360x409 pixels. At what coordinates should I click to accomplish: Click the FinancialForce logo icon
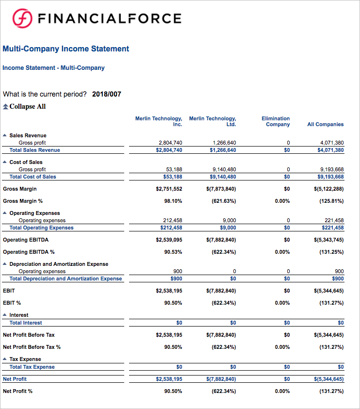22,19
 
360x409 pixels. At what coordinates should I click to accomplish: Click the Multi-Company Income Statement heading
66,49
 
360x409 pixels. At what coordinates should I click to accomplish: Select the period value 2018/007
106,94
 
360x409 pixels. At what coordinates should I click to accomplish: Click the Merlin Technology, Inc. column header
159,121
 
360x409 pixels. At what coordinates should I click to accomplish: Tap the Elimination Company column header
276,121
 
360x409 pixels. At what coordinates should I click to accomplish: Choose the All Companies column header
325,124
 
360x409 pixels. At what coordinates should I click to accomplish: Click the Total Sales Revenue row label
35,150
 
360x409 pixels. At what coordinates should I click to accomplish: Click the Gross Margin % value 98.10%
173,201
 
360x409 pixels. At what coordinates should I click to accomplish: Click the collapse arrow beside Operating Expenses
5,213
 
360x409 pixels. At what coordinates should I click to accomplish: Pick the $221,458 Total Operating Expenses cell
332,228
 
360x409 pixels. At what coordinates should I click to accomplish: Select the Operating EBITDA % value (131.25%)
331,252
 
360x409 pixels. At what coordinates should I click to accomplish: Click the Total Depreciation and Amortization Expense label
65,278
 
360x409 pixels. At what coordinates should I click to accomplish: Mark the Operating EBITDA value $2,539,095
169,240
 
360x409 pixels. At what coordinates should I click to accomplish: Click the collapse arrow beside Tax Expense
5,359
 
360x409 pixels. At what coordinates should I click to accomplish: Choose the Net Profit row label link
15,379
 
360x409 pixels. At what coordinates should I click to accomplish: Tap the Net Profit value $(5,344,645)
328,379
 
